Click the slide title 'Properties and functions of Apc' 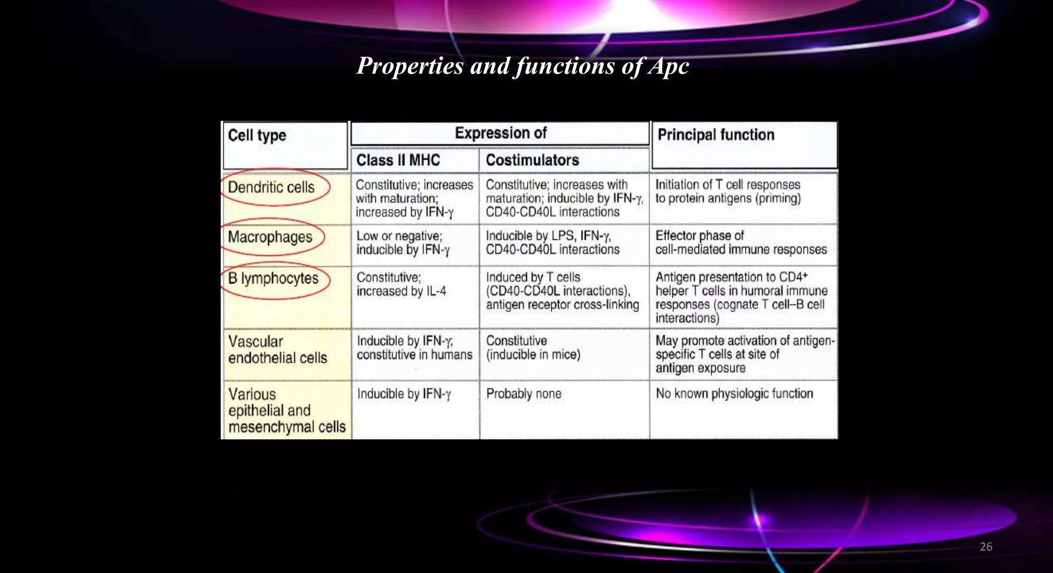click(x=522, y=66)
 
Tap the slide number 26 click(x=986, y=547)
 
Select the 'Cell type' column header click(x=257, y=136)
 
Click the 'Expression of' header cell click(x=500, y=133)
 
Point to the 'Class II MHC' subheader click(x=398, y=160)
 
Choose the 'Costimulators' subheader click(x=532, y=160)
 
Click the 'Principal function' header click(x=716, y=135)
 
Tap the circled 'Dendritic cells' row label click(x=271, y=188)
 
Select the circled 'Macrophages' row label click(x=270, y=237)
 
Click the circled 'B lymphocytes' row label click(x=273, y=279)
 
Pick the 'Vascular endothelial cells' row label click(x=278, y=350)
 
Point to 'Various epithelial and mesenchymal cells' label click(x=286, y=411)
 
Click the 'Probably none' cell click(x=523, y=394)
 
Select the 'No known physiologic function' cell click(x=734, y=394)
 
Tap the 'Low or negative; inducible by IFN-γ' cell click(x=403, y=243)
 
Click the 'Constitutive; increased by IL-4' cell click(x=401, y=285)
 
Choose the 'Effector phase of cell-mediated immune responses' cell click(x=740, y=243)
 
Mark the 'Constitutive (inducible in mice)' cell click(x=533, y=348)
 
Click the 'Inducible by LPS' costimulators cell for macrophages click(x=552, y=243)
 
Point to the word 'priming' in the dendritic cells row click(x=778, y=199)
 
